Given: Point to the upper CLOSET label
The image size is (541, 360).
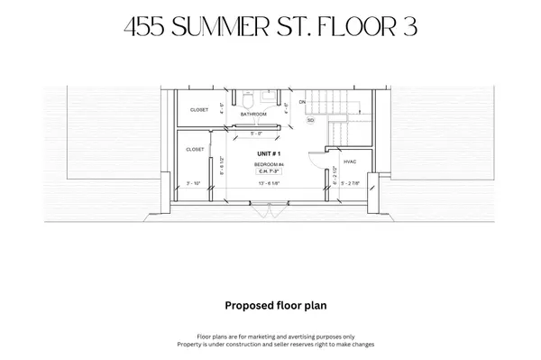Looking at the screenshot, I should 197,110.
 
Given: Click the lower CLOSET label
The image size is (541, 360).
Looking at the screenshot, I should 194,150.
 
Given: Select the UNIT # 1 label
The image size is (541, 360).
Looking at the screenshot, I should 267,155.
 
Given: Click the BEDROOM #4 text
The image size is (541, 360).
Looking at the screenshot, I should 267,164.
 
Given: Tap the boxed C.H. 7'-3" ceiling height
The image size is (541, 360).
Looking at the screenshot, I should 267,171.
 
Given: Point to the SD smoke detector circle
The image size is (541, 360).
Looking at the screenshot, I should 311,119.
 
